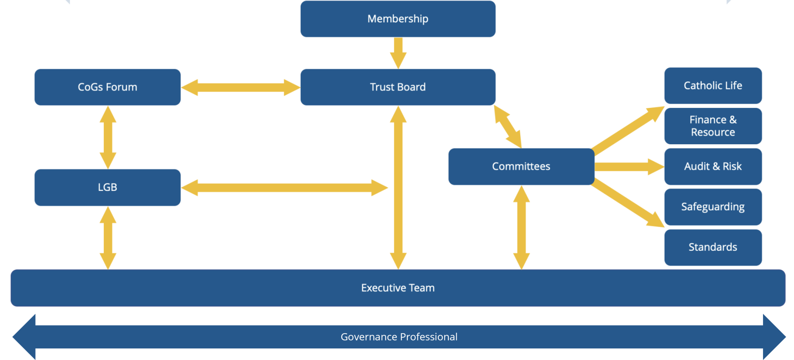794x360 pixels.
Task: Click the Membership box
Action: pyautogui.click(x=398, y=19)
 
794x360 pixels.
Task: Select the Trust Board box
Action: pyautogui.click(x=398, y=87)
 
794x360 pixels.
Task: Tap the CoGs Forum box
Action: pyautogui.click(x=108, y=87)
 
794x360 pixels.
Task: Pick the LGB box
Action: pyautogui.click(x=108, y=187)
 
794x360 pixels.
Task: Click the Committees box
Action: pyautogui.click(x=521, y=167)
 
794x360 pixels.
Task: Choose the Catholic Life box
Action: pyautogui.click(x=713, y=86)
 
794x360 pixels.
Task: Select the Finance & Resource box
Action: pyautogui.click(x=713, y=126)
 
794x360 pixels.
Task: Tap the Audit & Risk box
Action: pyautogui.click(x=713, y=167)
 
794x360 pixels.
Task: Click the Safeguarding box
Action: pyautogui.click(x=713, y=207)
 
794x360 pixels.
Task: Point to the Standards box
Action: pyautogui.click(x=713, y=247)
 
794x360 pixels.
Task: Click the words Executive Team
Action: pyautogui.click(x=398, y=288)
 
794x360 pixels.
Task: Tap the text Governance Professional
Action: pyautogui.click(x=399, y=337)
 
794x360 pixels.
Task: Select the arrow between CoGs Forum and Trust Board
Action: pyautogui.click(x=241, y=87)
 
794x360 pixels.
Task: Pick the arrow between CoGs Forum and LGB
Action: pyautogui.click(x=108, y=137)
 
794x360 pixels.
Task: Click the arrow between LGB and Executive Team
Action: pyautogui.click(x=108, y=238)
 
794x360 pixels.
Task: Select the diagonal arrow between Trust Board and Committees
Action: pyautogui.click(x=508, y=126)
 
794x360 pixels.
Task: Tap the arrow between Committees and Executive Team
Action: pyautogui.click(x=521, y=227)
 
